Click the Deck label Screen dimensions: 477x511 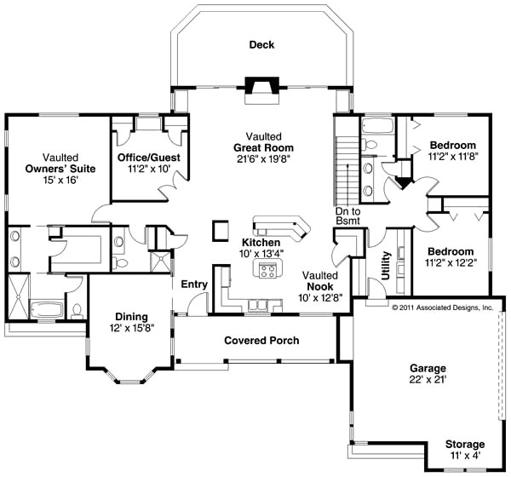pyautogui.click(x=261, y=45)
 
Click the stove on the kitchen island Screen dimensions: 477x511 pyautogui.click(x=267, y=270)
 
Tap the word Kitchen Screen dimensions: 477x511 pyautogui.click(x=261, y=242)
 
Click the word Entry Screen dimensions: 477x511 pyautogui.click(x=194, y=284)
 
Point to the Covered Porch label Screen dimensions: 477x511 pyautogui.click(x=261, y=341)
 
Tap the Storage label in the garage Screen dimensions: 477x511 pyautogui.click(x=464, y=445)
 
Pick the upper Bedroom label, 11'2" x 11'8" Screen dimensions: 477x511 pyautogui.click(x=451, y=145)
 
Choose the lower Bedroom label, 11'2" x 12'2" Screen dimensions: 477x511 pyautogui.click(x=451, y=252)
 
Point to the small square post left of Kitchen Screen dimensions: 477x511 pyautogui.click(x=221, y=230)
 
